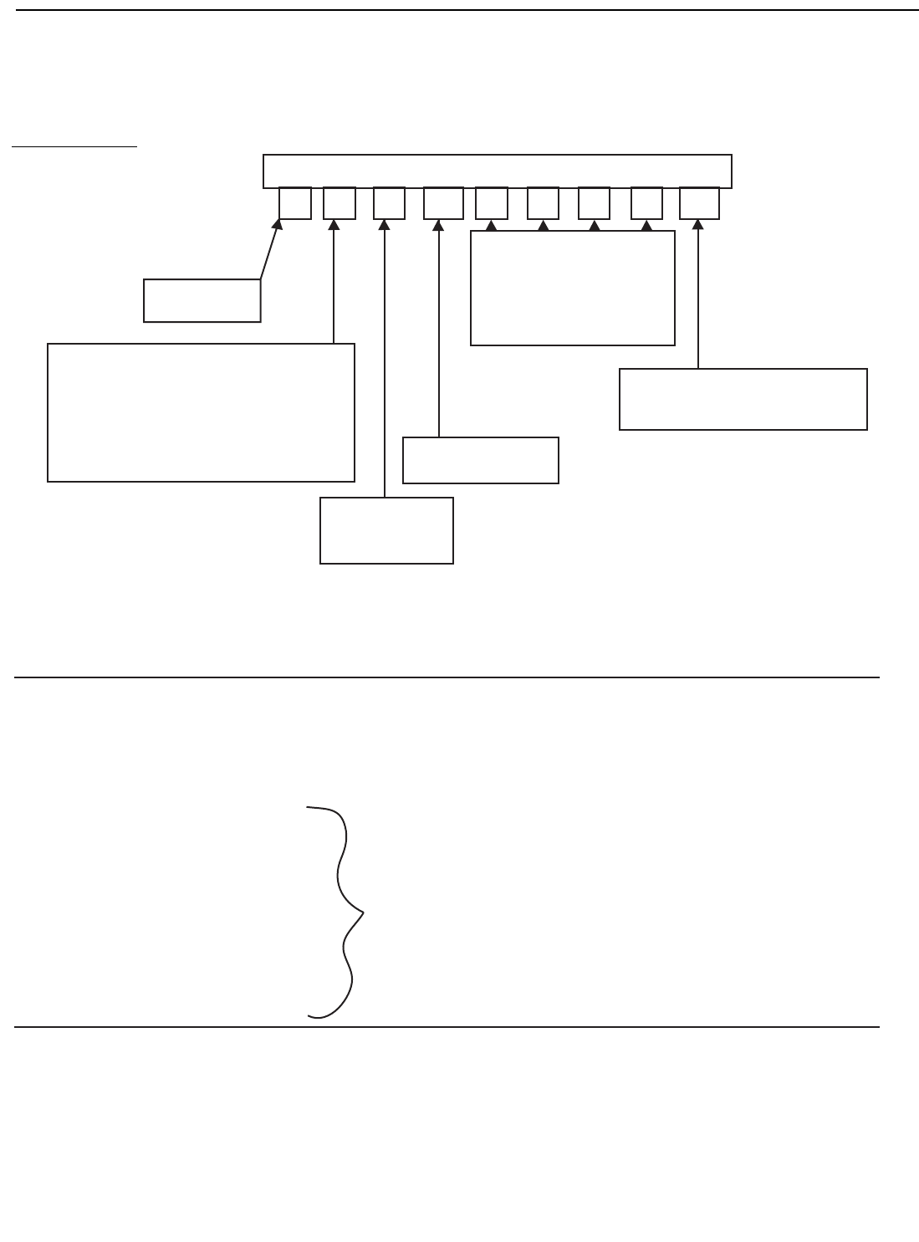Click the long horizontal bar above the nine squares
(x=497, y=171)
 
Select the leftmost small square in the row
(x=295, y=203)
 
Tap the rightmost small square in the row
(x=699, y=203)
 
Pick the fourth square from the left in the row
(x=443, y=203)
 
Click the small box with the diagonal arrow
(x=202, y=300)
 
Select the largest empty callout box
(x=201, y=412)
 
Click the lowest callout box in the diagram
(x=386, y=530)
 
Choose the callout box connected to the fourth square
(x=480, y=460)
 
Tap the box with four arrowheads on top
(x=572, y=288)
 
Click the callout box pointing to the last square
(x=743, y=399)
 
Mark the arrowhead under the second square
(x=334, y=224)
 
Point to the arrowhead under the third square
(x=385, y=224)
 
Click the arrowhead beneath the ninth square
(x=697, y=224)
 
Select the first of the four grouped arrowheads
(x=492, y=225)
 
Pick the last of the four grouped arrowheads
(x=646, y=225)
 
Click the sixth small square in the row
(x=543, y=203)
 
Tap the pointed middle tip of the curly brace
(x=363, y=911)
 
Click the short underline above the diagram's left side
(x=74, y=146)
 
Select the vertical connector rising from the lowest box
(x=385, y=360)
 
